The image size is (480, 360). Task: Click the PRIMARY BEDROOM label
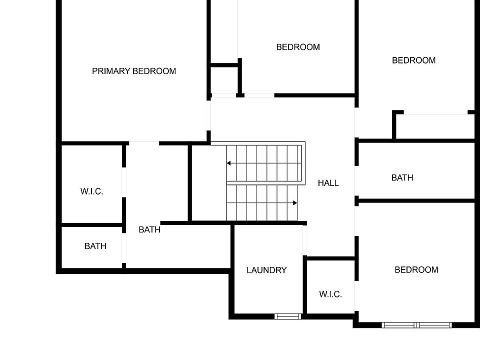pyautogui.click(x=134, y=71)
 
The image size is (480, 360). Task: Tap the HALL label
pyautogui.click(x=328, y=183)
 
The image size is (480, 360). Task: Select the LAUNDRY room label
pyautogui.click(x=266, y=270)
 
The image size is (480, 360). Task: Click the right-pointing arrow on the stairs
pyautogui.click(x=295, y=203)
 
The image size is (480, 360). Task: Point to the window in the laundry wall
pyautogui.click(x=288, y=316)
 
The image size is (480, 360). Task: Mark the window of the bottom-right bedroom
pyautogui.click(x=417, y=325)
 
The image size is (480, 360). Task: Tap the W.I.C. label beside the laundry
pyautogui.click(x=330, y=294)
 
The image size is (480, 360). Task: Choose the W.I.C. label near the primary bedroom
pyautogui.click(x=91, y=191)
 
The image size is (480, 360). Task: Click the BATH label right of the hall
pyautogui.click(x=402, y=177)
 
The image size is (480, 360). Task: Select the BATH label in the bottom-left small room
pyautogui.click(x=95, y=246)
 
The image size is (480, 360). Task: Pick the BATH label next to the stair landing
pyautogui.click(x=149, y=229)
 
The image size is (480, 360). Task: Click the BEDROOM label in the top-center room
pyautogui.click(x=298, y=47)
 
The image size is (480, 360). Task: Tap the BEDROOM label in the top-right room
pyautogui.click(x=413, y=60)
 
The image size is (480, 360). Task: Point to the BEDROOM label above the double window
pyautogui.click(x=416, y=269)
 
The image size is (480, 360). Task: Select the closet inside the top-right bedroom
pyautogui.click(x=434, y=126)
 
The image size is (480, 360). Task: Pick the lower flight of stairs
pyautogui.click(x=261, y=203)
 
